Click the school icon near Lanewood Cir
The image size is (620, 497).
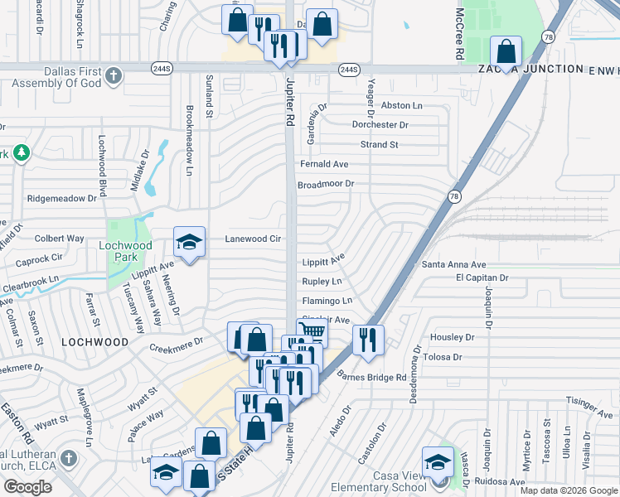tap(189, 242)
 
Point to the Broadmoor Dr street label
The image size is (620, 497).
tap(326, 184)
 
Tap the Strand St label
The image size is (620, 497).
tap(379, 144)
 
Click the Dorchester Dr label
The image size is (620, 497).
tap(380, 125)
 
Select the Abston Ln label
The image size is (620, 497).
tap(401, 106)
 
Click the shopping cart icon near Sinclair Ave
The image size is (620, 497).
tap(311, 332)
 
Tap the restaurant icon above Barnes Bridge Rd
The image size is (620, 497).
tap(367, 338)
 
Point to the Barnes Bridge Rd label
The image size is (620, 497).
tap(372, 377)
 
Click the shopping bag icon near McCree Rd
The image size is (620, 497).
tap(505, 51)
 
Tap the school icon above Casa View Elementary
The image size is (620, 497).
tap(437, 462)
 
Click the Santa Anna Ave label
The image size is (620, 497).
tap(453, 265)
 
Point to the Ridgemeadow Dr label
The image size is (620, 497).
tap(61, 199)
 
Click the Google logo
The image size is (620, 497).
tap(27, 487)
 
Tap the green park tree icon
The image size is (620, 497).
tap(21, 153)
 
